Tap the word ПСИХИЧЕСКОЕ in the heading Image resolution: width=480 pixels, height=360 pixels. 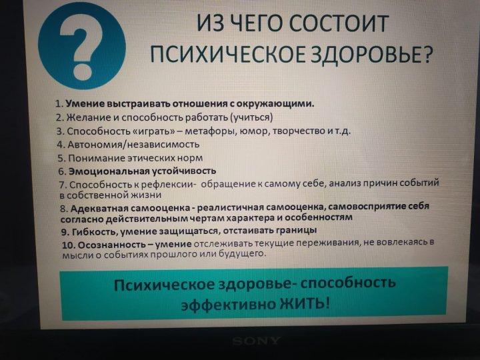tap(228, 54)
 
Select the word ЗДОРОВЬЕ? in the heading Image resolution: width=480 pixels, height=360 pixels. tap(372, 54)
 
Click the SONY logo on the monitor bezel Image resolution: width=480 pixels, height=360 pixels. tap(256, 341)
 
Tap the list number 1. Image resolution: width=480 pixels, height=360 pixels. tap(59, 104)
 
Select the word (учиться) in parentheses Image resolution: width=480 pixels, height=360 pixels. tap(251, 117)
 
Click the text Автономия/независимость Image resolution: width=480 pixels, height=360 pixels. tap(133, 144)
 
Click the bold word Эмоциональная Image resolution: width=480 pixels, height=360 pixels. tap(109, 171)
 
